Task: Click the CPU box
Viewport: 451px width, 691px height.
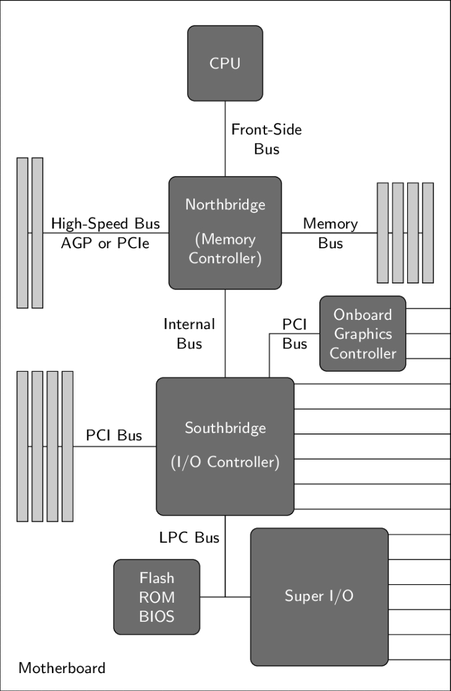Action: [x=225, y=63]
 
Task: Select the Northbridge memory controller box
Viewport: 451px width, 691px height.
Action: [x=225, y=233]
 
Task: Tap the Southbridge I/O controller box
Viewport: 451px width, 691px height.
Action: [x=225, y=446]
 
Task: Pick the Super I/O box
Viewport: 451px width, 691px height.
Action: [x=319, y=597]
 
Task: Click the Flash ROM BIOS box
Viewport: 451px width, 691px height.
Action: [x=156, y=597]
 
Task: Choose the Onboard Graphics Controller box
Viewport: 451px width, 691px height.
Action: [x=363, y=333]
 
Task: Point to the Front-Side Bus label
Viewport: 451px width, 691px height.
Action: [x=266, y=139]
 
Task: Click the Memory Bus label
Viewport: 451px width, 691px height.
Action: [x=330, y=233]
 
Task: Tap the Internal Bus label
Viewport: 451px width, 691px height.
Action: [x=189, y=333]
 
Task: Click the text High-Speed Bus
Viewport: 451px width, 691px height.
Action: [x=105, y=223]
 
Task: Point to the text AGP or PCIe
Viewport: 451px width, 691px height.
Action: [x=105, y=243]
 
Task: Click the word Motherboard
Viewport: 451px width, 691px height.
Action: [x=62, y=668]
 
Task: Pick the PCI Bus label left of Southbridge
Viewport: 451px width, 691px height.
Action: [x=114, y=435]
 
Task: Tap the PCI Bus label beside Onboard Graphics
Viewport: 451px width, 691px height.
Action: [x=295, y=333]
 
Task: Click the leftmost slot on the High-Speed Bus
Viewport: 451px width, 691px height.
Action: [x=22, y=233]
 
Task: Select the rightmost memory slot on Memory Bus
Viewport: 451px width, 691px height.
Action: [x=428, y=233]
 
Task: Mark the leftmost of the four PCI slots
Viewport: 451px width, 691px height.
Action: [x=22, y=446]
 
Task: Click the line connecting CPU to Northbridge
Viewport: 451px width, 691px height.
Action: [x=225, y=139]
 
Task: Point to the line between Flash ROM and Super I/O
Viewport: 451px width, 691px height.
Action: [x=225, y=597]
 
